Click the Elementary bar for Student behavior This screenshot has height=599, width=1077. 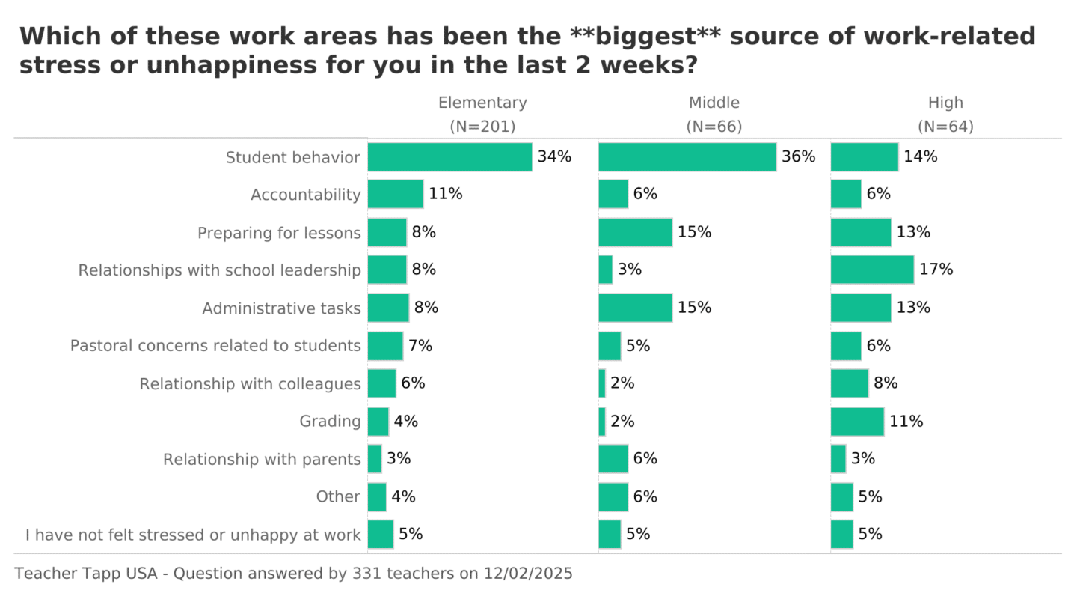(x=449, y=157)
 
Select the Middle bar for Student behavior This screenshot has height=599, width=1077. (x=687, y=157)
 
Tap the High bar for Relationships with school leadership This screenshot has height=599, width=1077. (x=872, y=270)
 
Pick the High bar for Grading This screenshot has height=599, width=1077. (x=857, y=422)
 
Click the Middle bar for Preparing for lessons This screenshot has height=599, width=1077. (x=635, y=232)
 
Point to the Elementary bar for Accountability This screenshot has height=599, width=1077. (x=395, y=194)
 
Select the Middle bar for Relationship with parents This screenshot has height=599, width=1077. (x=613, y=459)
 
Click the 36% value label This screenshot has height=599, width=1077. (x=799, y=157)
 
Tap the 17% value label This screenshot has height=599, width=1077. (x=936, y=270)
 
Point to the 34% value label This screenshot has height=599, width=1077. (x=554, y=157)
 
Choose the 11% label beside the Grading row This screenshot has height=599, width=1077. (x=906, y=422)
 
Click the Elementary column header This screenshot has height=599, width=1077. (x=482, y=103)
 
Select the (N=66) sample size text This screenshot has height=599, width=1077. (x=714, y=127)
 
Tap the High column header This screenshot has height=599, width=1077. (x=945, y=103)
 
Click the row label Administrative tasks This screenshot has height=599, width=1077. (x=281, y=308)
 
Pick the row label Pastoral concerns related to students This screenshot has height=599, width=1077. (x=215, y=346)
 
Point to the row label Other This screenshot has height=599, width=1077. (x=338, y=496)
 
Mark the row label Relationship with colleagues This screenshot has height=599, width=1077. (x=250, y=384)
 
